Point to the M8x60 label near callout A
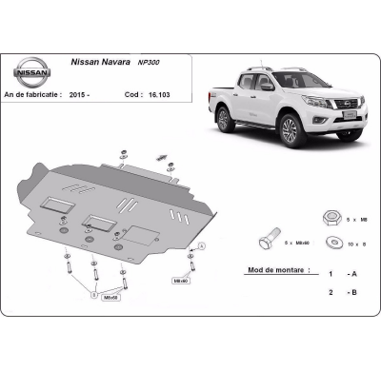(x=180, y=281)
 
